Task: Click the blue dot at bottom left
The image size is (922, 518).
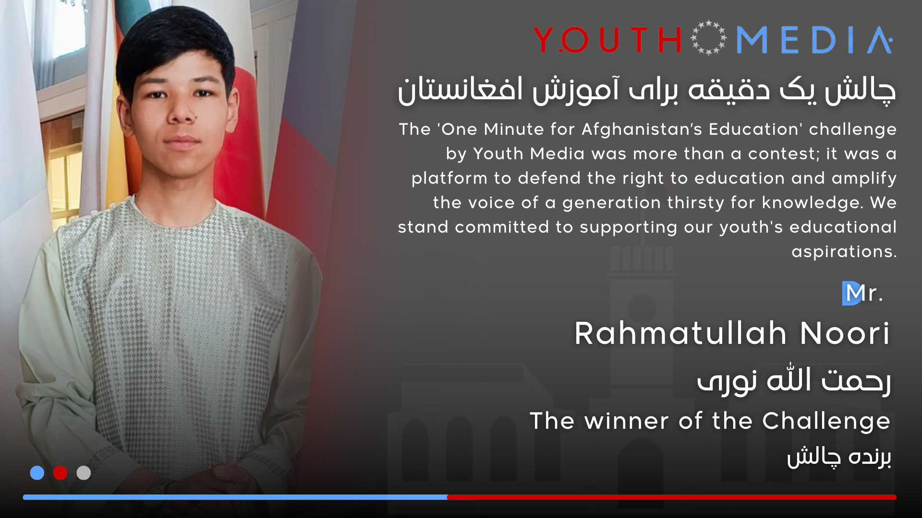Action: coord(37,473)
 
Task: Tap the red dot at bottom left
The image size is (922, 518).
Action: coord(61,473)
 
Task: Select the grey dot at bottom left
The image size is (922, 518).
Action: coord(84,473)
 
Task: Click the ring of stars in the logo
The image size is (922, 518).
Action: coord(708,38)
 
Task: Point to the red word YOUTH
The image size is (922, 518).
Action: coord(607,40)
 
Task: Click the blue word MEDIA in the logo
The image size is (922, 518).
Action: coord(814,40)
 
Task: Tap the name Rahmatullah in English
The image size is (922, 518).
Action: coord(680,333)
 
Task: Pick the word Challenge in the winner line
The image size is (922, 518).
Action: coord(826,422)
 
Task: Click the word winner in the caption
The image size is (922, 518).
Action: coord(627,422)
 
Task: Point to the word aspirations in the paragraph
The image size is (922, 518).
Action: coord(844,252)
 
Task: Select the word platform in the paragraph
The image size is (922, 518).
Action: coord(449,178)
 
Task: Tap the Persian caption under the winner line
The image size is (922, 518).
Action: coord(839,457)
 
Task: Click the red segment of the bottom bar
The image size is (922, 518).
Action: coord(672,497)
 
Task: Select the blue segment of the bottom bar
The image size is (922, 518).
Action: coord(235,497)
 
